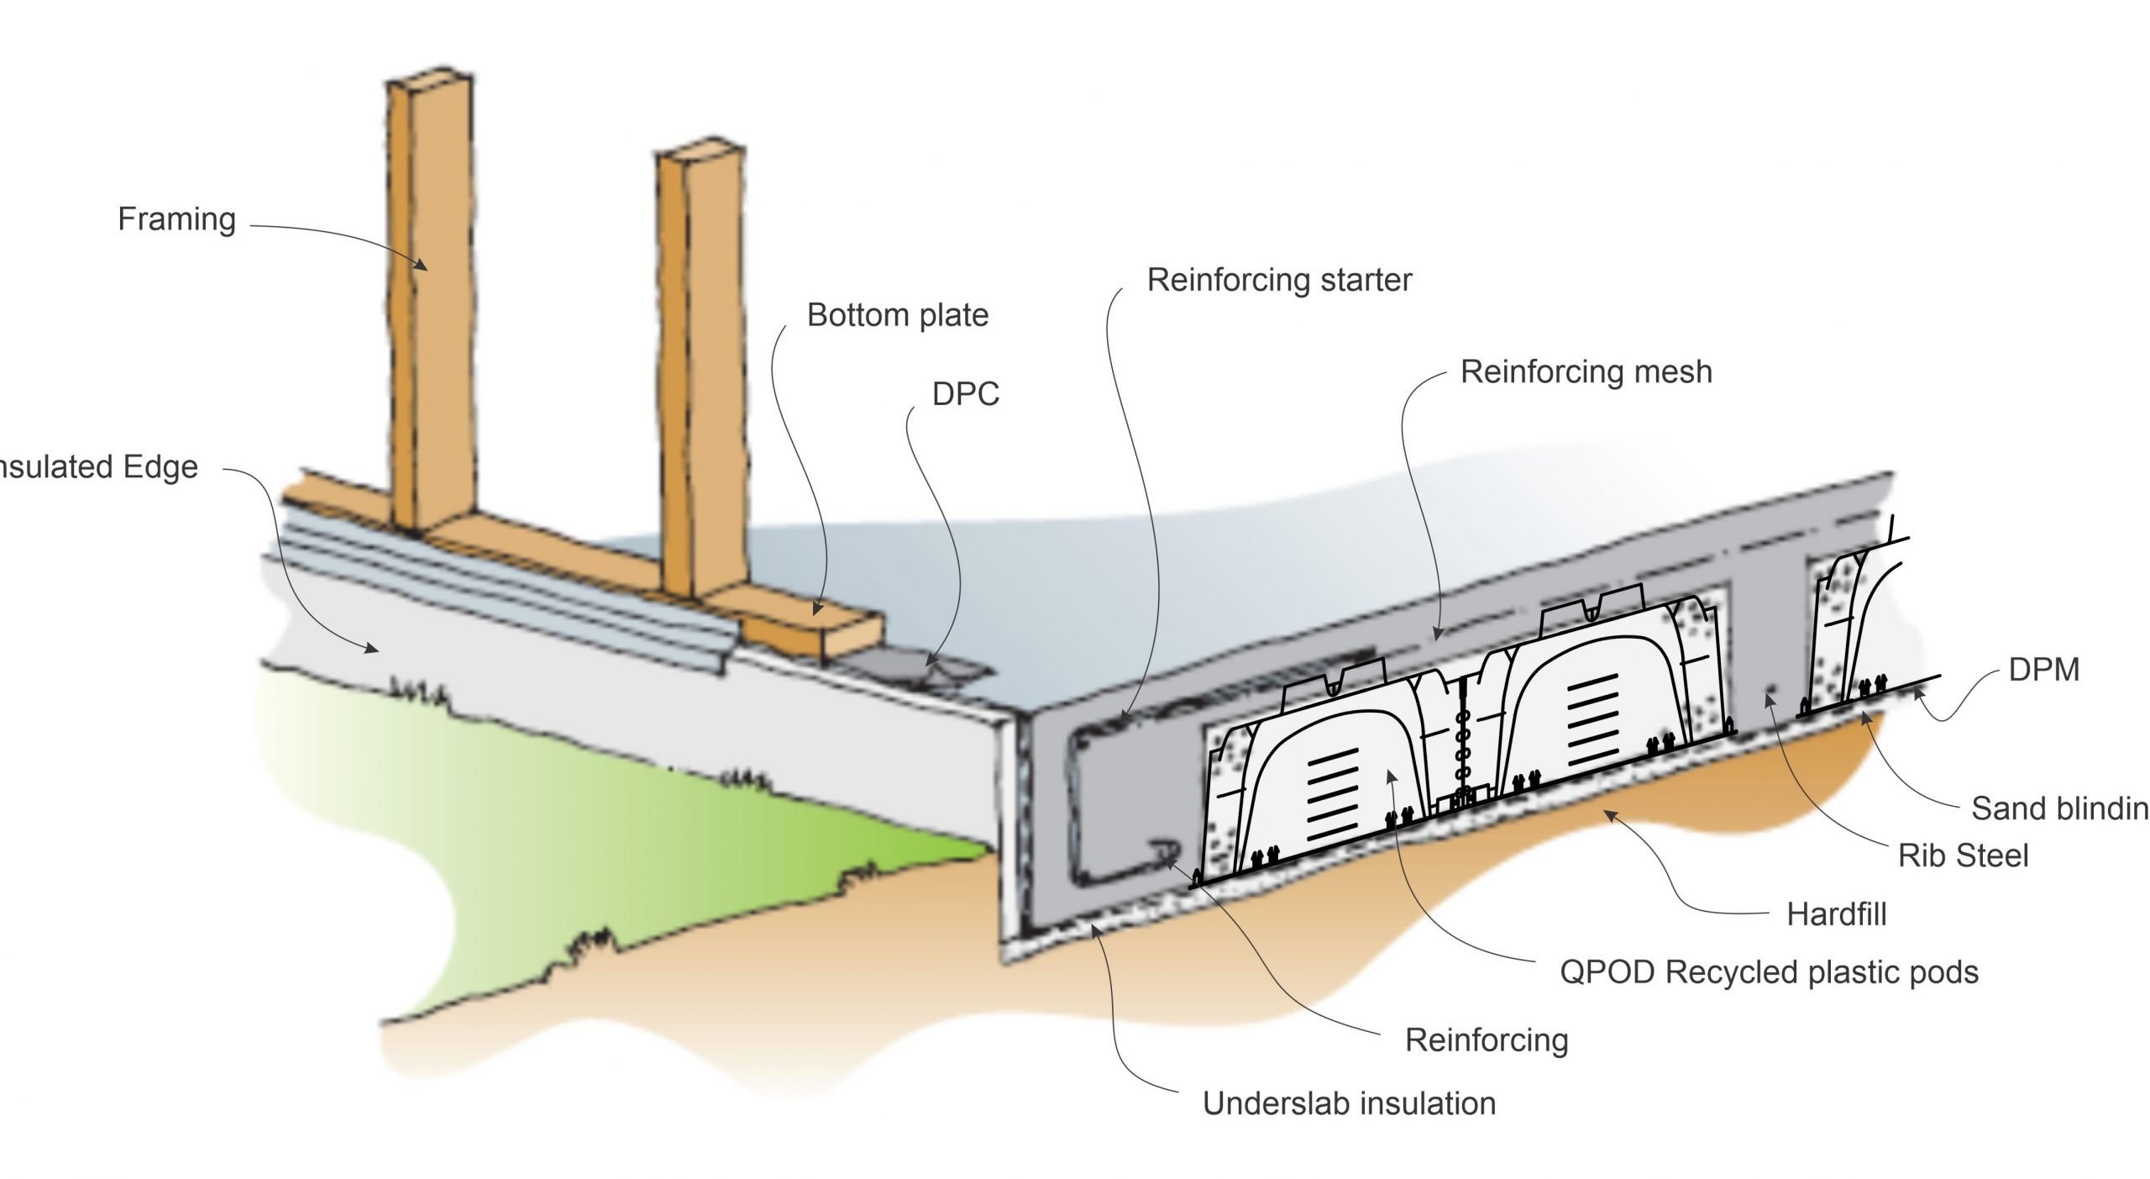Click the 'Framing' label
click(176, 219)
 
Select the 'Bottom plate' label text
click(897, 315)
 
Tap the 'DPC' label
click(965, 394)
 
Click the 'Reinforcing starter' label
click(1279, 280)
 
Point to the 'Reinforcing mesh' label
click(1586, 371)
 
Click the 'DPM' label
click(2043, 670)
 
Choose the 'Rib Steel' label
click(1963, 855)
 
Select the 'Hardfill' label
click(1836, 914)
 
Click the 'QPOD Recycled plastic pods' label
click(1769, 972)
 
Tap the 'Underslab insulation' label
click(1349, 1103)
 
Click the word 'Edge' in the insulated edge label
click(160, 467)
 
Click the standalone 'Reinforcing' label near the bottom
click(1486, 1040)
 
